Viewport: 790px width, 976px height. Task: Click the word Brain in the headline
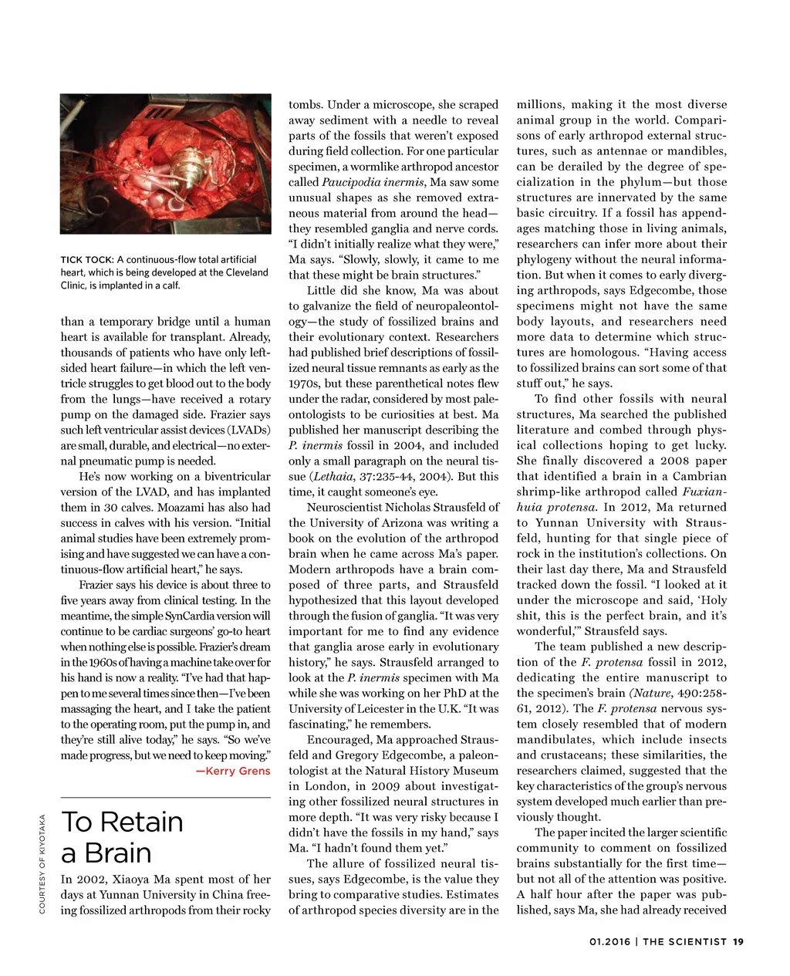(118, 853)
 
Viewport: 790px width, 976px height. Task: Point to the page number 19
(738, 941)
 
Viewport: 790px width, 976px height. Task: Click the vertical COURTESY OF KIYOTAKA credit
(42, 864)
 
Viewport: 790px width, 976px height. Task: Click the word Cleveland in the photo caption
(241, 272)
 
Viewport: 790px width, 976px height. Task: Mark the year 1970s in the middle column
(306, 384)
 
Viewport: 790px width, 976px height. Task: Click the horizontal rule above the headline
(165, 797)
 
